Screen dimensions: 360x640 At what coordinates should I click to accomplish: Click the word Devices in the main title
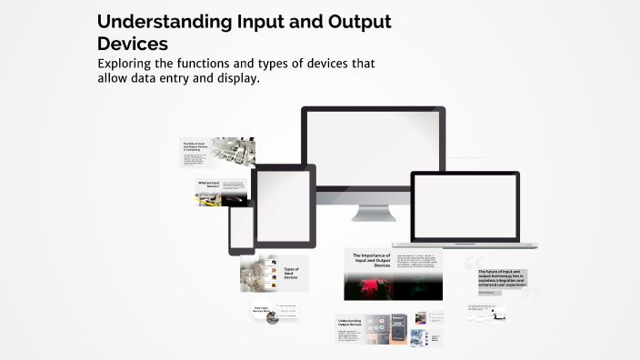click(132, 43)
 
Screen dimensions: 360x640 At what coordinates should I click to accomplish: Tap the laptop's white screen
click(465, 206)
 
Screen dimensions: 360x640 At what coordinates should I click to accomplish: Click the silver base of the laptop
click(465, 245)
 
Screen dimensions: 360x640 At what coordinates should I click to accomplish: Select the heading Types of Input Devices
click(291, 273)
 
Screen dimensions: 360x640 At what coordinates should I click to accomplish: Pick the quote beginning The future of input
click(502, 278)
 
